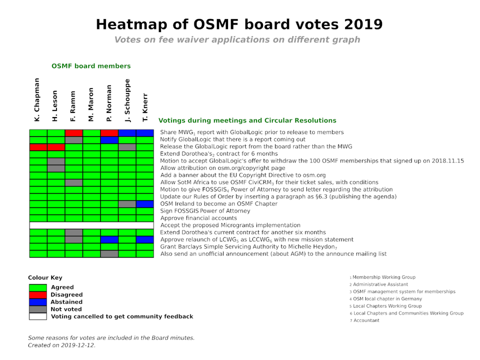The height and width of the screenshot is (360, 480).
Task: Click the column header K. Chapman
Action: click(x=37, y=100)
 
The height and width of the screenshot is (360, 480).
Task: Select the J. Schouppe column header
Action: click(x=127, y=100)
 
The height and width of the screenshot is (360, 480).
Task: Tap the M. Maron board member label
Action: click(x=91, y=105)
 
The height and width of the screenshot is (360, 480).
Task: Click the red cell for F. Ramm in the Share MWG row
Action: click(x=73, y=132)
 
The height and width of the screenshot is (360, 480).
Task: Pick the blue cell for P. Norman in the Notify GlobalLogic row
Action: click(x=109, y=139)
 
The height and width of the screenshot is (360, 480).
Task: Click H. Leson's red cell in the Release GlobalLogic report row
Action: click(x=56, y=147)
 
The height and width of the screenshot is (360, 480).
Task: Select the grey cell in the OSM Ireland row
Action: click(x=127, y=204)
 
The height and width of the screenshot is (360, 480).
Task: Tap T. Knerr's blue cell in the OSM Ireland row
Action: click(x=145, y=204)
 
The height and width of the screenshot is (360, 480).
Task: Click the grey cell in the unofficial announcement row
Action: click(x=109, y=254)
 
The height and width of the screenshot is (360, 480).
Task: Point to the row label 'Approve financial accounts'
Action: click(x=198, y=218)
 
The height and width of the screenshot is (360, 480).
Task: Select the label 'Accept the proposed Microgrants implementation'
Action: click(x=230, y=225)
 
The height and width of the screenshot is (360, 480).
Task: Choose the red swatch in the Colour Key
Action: click(x=37, y=295)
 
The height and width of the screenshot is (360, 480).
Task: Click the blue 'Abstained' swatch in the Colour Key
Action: click(x=37, y=302)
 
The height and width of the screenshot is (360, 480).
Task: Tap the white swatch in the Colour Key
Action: click(x=37, y=316)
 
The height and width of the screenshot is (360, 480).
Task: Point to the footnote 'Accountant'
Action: click(x=366, y=320)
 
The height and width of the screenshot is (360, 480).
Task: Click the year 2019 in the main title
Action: click(x=360, y=24)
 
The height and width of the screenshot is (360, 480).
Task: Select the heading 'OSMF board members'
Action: click(x=91, y=66)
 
